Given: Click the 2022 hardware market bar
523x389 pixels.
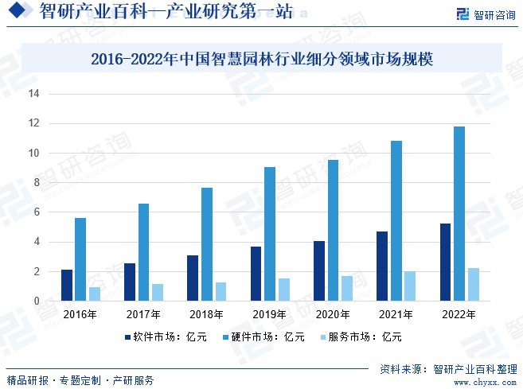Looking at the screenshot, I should point(459,214).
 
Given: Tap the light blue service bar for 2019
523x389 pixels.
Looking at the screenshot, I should point(283,290).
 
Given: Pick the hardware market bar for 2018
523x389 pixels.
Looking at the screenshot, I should point(207,244).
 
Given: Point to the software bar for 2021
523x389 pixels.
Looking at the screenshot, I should point(382,266).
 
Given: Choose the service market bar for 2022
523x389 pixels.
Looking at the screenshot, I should point(473,285).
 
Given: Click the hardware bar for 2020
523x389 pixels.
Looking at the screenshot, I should point(333,231).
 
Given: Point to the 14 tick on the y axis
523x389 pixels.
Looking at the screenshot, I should point(34,94).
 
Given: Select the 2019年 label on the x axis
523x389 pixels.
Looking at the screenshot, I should point(270,315).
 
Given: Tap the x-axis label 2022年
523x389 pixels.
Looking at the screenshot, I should point(459,315).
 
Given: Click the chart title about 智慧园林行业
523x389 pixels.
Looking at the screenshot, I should point(261,59).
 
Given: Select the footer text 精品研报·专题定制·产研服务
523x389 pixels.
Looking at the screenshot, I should point(80,380).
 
